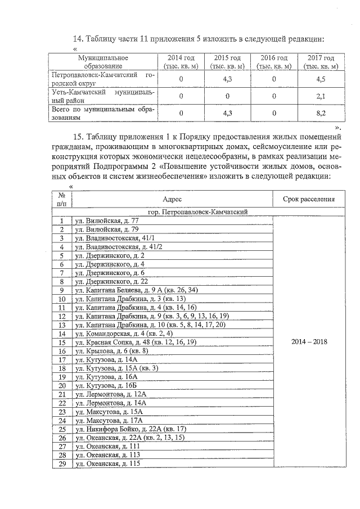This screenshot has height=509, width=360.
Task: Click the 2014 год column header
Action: (x=181, y=61)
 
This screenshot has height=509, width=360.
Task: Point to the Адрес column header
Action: (x=172, y=199)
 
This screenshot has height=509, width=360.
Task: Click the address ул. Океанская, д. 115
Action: (x=107, y=463)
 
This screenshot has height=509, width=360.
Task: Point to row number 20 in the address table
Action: (x=62, y=385)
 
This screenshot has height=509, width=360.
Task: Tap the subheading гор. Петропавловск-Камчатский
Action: (x=198, y=212)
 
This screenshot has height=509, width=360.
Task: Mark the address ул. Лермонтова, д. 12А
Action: (x=110, y=394)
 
